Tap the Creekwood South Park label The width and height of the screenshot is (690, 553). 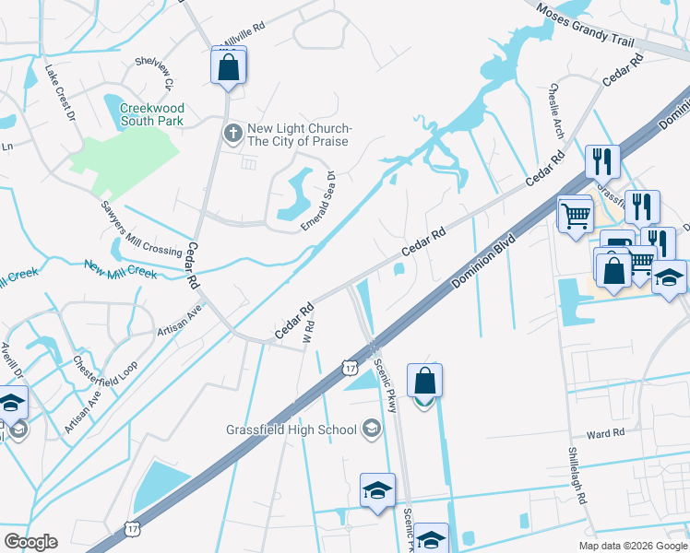151,114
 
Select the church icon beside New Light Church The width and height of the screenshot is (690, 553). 232,135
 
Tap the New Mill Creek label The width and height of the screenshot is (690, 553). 121,270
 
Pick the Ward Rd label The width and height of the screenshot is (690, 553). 606,432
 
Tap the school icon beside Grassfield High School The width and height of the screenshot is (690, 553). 371,429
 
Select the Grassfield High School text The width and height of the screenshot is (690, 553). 291,429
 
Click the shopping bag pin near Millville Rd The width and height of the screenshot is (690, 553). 228,66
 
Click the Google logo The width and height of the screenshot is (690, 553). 30,542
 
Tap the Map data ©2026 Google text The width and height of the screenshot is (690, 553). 633,546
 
